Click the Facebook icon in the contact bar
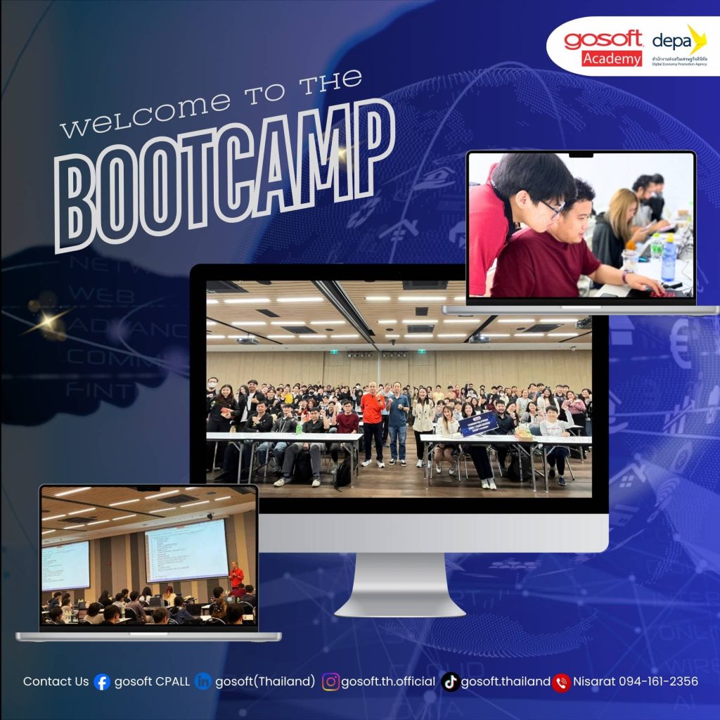pos(102,682)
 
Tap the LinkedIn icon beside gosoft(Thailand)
pos(203,682)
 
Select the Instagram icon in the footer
pos(330,682)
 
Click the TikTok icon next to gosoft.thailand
pos(451,682)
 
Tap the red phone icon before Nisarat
pos(561,682)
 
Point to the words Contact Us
pos(56,681)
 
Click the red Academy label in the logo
pos(612,58)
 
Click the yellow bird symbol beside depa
pos(696,39)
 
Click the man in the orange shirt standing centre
pos(373,422)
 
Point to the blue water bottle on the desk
pos(668,259)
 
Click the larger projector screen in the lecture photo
pos(186,550)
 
